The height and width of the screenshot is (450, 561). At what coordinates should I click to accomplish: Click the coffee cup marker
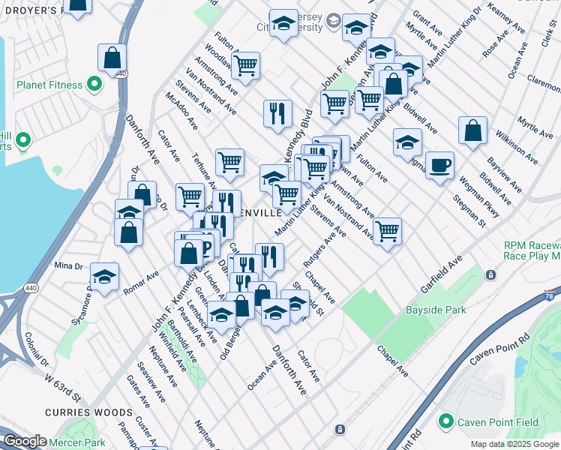[439, 164]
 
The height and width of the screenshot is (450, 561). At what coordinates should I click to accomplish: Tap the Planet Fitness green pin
[94, 85]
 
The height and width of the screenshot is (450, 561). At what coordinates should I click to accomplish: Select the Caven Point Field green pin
[448, 422]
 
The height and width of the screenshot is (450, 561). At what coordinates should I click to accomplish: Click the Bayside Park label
[436, 310]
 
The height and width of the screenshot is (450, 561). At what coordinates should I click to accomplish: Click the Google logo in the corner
[24, 442]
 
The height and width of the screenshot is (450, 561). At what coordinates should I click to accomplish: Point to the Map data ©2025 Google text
[514, 444]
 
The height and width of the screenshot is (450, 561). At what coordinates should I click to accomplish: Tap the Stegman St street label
[469, 211]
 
